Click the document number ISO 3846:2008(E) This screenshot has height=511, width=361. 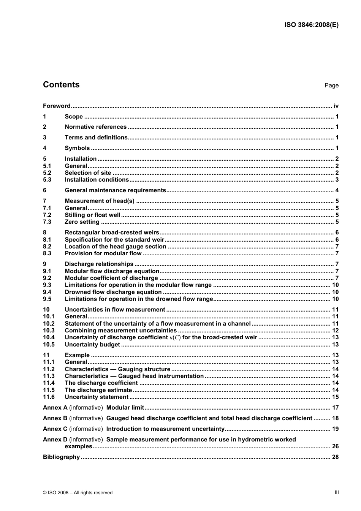(311, 25)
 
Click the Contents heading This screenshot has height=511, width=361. (61, 85)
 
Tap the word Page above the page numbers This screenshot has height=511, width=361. (331, 85)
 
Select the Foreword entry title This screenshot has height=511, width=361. (57, 106)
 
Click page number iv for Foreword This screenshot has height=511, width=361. (336, 106)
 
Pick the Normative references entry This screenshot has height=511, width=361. (95, 127)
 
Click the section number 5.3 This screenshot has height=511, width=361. (47, 180)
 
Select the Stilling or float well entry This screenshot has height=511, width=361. (92, 215)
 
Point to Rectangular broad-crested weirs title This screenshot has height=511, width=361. (112, 233)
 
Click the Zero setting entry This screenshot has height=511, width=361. (82, 222)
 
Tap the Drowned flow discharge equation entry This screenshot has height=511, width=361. (113, 292)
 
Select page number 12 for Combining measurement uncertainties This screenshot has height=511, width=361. (335, 331)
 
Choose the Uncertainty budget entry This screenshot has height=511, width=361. (92, 345)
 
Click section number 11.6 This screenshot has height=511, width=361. (49, 397)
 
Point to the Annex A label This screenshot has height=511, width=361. (55, 408)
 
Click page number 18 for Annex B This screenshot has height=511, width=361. (335, 418)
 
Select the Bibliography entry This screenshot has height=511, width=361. (61, 457)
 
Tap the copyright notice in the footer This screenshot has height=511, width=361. (78, 493)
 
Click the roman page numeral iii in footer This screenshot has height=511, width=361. (337, 492)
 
